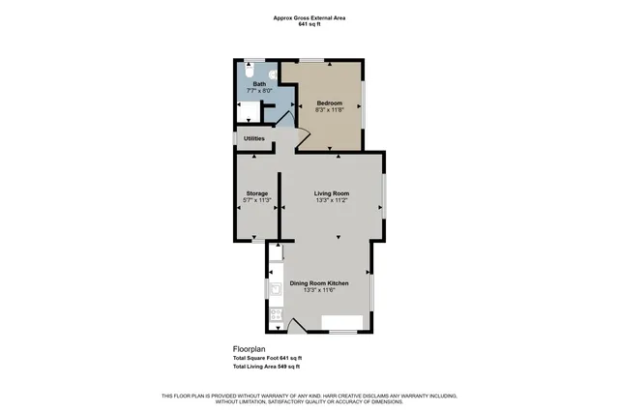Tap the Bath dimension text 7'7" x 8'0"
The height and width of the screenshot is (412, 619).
click(x=259, y=91)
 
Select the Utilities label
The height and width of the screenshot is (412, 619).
click(x=254, y=138)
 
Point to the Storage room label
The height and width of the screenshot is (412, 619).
click(x=256, y=193)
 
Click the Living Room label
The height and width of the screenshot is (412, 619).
click(x=332, y=193)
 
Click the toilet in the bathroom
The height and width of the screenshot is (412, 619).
click(x=249, y=71)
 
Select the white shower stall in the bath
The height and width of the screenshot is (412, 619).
click(x=248, y=107)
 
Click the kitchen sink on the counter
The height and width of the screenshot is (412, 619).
click(x=276, y=289)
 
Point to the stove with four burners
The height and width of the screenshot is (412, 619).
click(x=276, y=313)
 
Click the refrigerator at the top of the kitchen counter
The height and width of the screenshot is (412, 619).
click(x=276, y=253)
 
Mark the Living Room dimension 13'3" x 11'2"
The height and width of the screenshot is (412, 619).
click(x=332, y=201)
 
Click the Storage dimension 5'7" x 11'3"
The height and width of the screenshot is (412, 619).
click(x=256, y=201)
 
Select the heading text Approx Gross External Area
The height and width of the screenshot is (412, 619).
click(x=309, y=16)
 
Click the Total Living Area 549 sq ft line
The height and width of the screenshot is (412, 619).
click(x=266, y=368)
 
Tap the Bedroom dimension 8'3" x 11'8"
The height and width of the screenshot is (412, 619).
click(x=330, y=108)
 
